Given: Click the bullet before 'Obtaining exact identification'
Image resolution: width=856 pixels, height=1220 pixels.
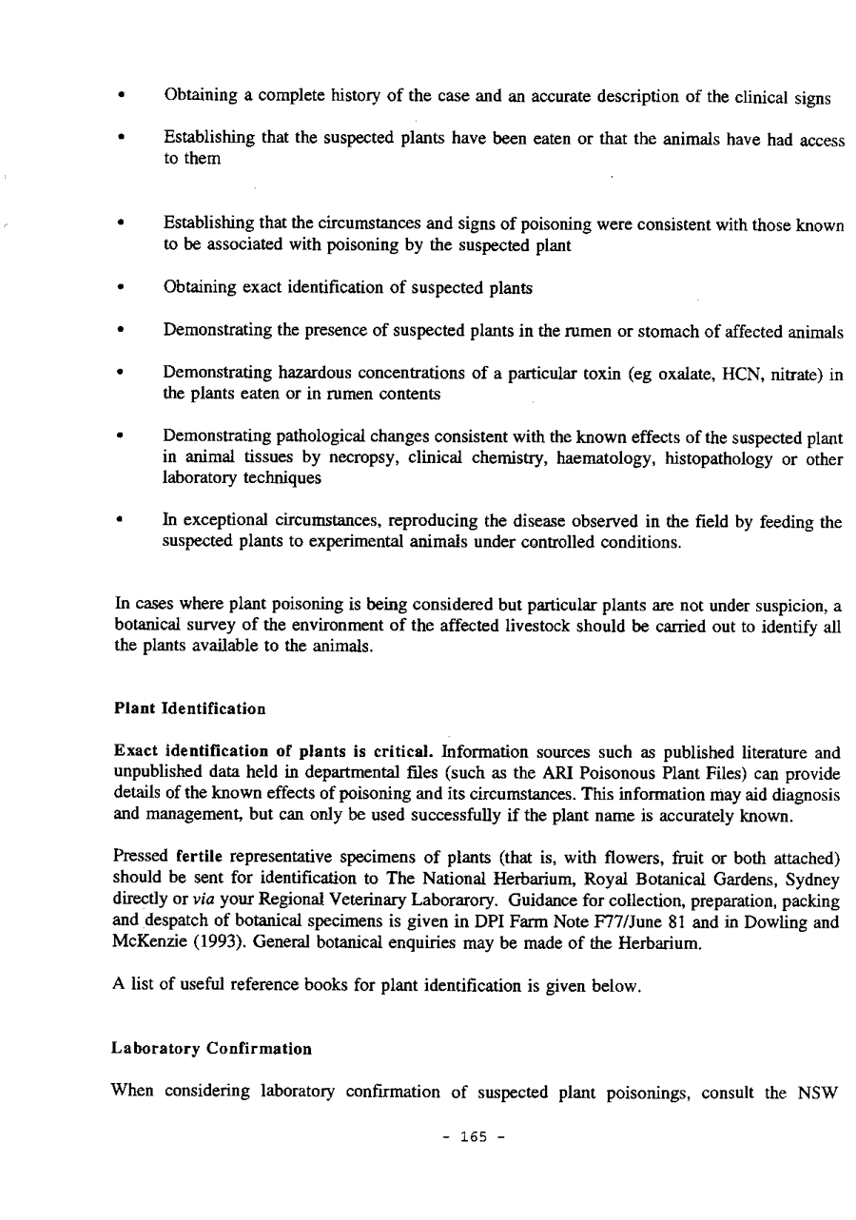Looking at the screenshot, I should [120, 288].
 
